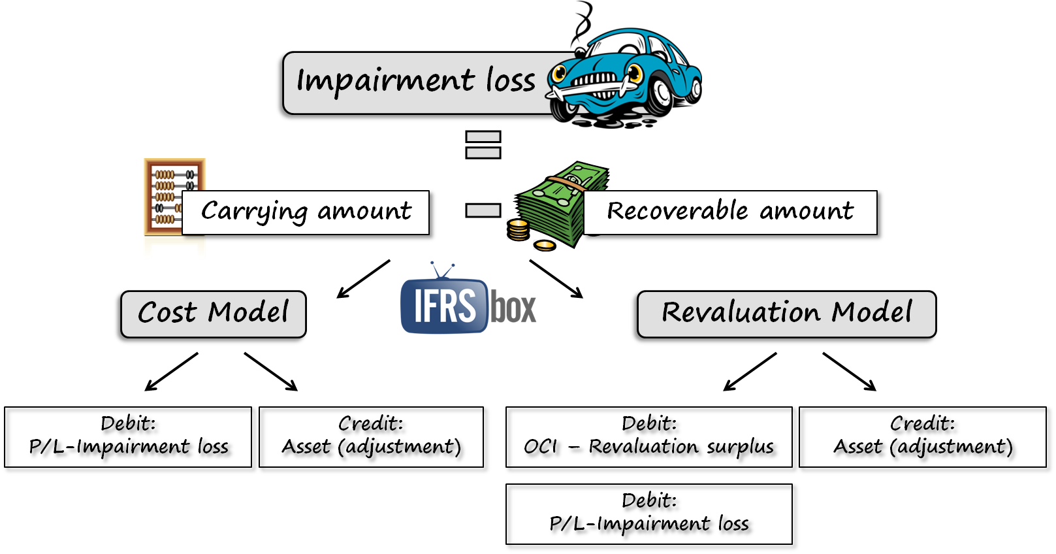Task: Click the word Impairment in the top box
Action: pos(385,82)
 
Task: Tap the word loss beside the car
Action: pos(510,80)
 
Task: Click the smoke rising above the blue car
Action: pos(581,23)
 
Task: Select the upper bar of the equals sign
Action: pos(483,137)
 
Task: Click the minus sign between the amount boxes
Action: pos(483,210)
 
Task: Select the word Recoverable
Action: pos(677,211)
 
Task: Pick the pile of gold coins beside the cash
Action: pos(519,230)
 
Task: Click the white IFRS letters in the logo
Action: pos(445,306)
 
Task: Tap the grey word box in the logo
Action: pos(514,307)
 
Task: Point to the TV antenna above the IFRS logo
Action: pos(442,270)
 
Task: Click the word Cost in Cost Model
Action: pos(167,312)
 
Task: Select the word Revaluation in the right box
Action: pos(741,312)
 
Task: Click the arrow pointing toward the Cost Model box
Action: pos(363,279)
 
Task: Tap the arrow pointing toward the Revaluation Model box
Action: pos(556,279)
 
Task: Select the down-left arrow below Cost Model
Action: pos(171,372)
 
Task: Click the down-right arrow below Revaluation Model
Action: pos(849,372)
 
